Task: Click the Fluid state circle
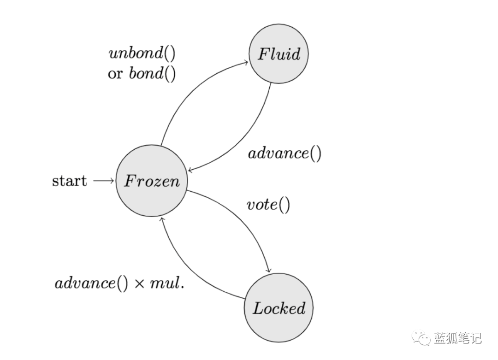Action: [279, 54]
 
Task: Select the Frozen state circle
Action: [152, 181]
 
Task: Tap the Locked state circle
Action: [279, 308]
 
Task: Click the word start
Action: [69, 181]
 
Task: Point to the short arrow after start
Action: [103, 181]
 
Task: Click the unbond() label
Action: [142, 54]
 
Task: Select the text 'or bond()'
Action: [142, 74]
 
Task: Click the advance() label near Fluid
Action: [285, 153]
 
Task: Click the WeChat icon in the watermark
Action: [421, 338]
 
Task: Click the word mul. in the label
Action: [166, 283]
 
